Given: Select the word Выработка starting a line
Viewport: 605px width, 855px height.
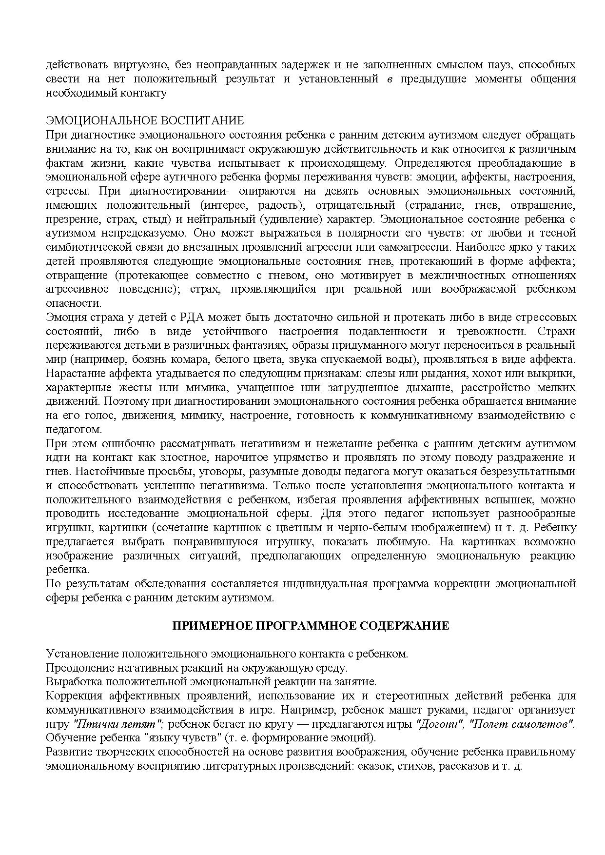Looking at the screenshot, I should tap(73, 682).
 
